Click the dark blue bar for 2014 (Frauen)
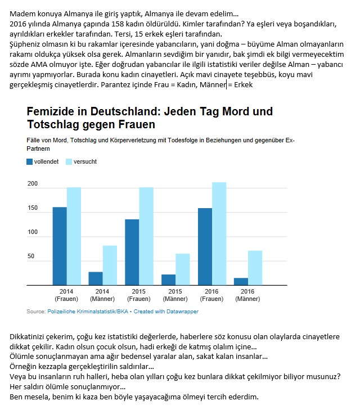(x=60, y=246)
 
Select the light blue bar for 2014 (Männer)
(x=110, y=265)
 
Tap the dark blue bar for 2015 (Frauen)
(x=132, y=252)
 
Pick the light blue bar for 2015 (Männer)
(x=183, y=269)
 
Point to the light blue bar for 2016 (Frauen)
(x=219, y=233)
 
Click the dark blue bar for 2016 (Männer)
(x=241, y=281)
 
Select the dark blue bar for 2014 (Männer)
(x=96, y=278)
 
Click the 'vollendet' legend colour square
(x=30, y=161)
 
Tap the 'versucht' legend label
(x=85, y=161)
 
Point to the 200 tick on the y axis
(x=33, y=183)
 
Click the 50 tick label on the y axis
(x=31, y=256)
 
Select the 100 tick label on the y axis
(x=33, y=232)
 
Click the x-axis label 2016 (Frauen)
(x=211, y=295)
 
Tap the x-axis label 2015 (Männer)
(x=175, y=295)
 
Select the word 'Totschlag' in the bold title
(x=53, y=124)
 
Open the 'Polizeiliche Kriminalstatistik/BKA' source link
(x=88, y=312)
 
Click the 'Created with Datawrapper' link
(x=166, y=312)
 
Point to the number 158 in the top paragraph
(x=117, y=24)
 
